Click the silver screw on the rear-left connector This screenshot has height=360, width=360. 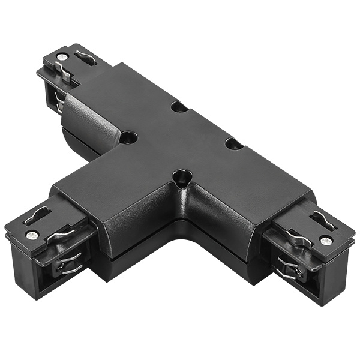62,56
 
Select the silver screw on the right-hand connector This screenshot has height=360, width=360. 326,241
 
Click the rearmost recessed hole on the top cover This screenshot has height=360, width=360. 178,107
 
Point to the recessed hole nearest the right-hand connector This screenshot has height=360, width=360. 233,143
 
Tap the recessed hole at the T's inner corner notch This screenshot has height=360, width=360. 180,176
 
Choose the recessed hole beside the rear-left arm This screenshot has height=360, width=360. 127,137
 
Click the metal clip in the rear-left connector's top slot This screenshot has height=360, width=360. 86,57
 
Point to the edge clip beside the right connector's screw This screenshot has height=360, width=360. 298,238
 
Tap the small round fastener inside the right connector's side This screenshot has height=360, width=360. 298,271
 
